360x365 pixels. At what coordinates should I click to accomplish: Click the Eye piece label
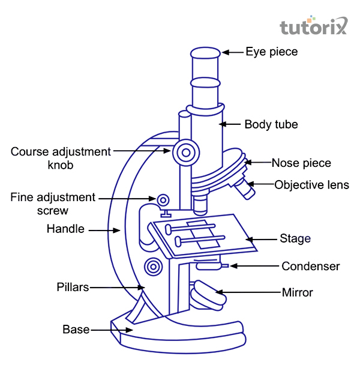click(x=271, y=52)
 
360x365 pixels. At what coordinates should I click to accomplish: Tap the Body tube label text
click(x=271, y=125)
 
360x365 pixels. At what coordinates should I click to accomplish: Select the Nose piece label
click(x=301, y=163)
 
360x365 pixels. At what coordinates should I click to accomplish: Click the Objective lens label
click(x=311, y=185)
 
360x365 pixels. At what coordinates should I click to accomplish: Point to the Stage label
click(x=295, y=238)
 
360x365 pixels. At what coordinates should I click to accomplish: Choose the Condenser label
click(x=310, y=266)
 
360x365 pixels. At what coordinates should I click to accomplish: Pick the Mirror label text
click(x=297, y=293)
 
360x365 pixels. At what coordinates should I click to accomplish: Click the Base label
click(x=76, y=330)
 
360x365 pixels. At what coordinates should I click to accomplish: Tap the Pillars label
click(x=73, y=287)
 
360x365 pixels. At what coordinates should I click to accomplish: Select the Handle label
click(x=65, y=229)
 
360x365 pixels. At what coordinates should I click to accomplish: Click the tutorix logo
click(x=313, y=26)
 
